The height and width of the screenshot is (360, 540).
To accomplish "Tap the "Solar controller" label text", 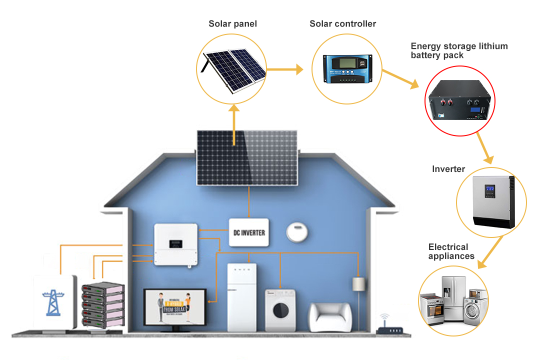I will click(x=342, y=23).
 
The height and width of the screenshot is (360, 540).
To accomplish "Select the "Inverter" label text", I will click(x=448, y=169).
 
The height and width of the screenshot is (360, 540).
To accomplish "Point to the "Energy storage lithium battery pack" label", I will click(x=459, y=50).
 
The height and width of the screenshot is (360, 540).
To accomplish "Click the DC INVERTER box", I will click(x=249, y=232).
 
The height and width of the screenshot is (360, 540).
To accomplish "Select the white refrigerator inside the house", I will click(x=241, y=297).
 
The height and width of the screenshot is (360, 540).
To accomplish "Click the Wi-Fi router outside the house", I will click(x=390, y=327).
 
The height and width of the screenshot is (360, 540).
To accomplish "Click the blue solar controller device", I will click(x=343, y=69).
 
